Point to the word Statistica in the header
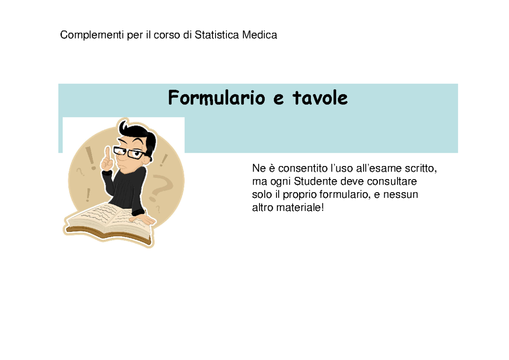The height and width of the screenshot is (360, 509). click(217, 35)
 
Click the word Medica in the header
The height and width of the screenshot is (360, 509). click(260, 35)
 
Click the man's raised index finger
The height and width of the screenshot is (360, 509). click(108, 153)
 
